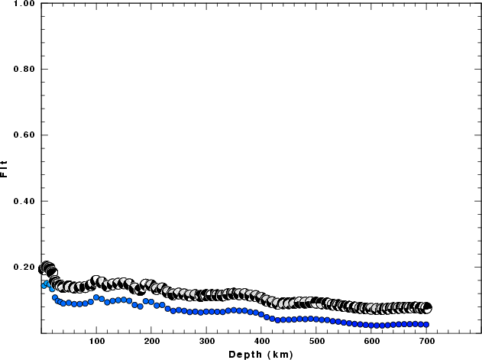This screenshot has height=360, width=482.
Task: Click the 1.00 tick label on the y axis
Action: click(24, 4)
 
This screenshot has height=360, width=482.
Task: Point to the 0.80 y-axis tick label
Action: click(24, 70)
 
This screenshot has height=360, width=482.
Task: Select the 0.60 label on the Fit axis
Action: click(24, 135)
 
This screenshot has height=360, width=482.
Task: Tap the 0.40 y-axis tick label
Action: click(24, 202)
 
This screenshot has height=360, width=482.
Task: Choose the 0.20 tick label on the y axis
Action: click(24, 268)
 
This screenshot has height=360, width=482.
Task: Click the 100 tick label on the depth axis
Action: click(96, 341)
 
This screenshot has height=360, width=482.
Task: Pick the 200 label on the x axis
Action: click(151, 341)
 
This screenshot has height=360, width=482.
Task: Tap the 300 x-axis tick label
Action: click(206, 341)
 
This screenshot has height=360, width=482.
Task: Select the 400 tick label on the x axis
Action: click(261, 341)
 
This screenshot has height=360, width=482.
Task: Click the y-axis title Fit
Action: click(5, 168)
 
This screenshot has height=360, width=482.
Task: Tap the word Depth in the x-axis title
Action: click(245, 354)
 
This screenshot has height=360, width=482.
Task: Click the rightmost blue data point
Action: click(426, 325)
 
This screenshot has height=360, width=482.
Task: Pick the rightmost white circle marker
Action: click(426, 308)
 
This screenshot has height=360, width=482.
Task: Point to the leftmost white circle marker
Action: click(43, 269)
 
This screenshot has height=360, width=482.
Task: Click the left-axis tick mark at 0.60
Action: click(44, 135)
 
